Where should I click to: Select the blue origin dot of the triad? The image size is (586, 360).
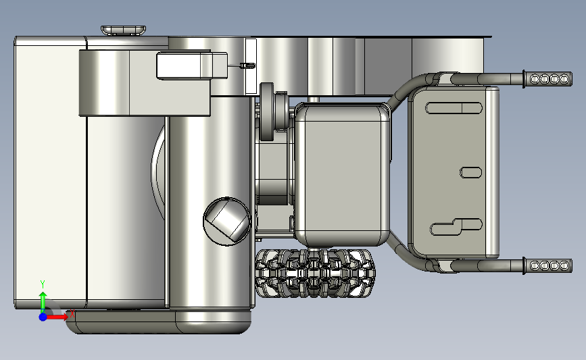(43, 317)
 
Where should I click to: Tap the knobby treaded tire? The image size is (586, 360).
(316, 274)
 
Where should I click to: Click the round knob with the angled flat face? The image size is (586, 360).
(227, 222)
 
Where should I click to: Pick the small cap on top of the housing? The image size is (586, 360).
(123, 30)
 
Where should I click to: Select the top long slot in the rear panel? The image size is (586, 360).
(454, 108)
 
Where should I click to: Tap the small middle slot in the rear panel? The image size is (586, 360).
(470, 172)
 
